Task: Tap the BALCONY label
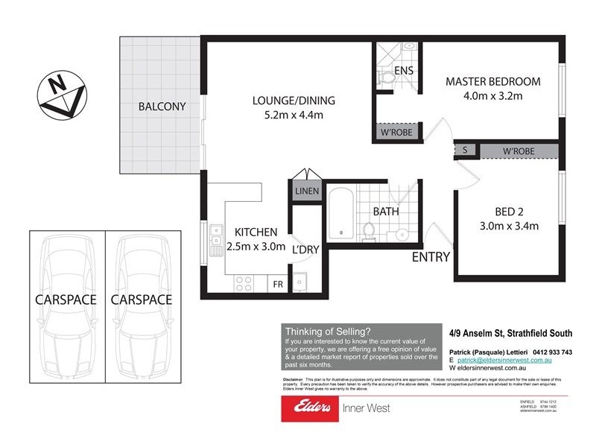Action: coord(161,107)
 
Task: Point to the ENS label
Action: coord(404,71)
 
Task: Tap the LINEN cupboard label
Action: coord(307,191)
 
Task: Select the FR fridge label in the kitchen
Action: coord(277,284)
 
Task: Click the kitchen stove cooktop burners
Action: coord(244,282)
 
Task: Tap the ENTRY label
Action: coord(431,258)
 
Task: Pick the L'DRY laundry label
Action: coord(305,250)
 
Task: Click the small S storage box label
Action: coord(466,150)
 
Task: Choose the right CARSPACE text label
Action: coord(141,299)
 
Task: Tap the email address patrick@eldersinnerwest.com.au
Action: coord(504,360)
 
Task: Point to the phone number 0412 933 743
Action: coord(553,352)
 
